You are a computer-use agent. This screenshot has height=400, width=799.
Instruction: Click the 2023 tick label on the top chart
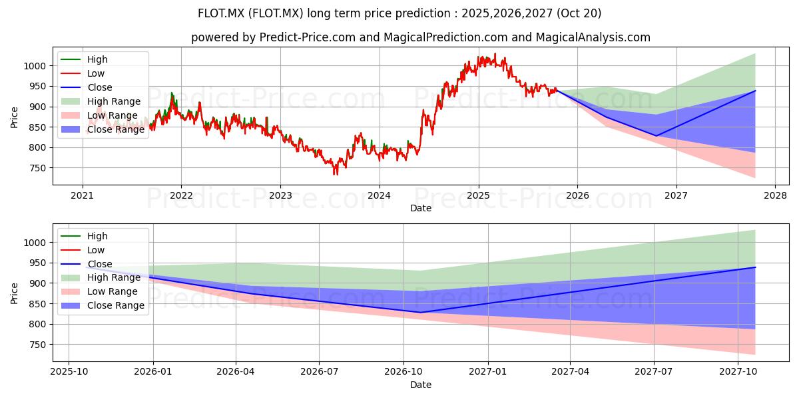point(280,196)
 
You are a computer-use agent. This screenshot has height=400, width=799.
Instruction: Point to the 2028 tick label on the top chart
point(776,196)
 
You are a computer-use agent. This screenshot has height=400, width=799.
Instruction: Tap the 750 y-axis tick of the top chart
point(39,168)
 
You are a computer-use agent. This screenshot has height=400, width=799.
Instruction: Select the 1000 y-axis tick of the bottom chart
point(35,243)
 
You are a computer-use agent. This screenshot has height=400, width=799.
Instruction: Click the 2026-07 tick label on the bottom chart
point(319,372)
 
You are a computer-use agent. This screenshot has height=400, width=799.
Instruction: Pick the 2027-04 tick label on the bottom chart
point(570,372)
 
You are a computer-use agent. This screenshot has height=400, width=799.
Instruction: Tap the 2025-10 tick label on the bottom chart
point(69,372)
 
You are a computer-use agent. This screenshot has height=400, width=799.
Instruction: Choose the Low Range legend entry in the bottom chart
point(99,292)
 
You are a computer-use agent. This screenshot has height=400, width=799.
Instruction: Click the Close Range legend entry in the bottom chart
point(103,306)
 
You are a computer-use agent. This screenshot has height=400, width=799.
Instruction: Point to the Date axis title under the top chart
point(421,208)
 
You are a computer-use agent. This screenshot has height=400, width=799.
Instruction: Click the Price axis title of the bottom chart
point(14,293)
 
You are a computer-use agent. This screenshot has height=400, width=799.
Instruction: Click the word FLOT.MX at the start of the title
point(221,13)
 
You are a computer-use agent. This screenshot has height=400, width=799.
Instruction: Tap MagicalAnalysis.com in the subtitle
point(593,37)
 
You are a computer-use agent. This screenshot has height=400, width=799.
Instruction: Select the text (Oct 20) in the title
point(579,13)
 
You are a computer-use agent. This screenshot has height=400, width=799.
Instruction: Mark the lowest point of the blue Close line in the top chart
point(656,136)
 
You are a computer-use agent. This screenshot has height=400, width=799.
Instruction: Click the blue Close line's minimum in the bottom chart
point(421,313)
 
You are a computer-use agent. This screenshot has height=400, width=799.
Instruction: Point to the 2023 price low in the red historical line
point(335,175)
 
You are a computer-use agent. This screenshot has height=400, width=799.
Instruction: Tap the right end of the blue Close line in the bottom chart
point(756,267)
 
